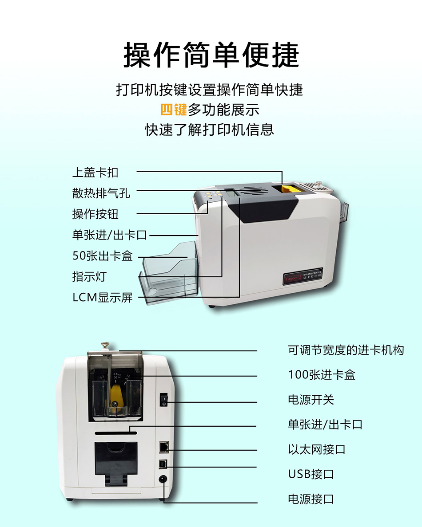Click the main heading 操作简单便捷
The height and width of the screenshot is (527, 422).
coord(211,55)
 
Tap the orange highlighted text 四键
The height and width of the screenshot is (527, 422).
coord(173,110)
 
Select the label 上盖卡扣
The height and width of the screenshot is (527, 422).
coord(95,173)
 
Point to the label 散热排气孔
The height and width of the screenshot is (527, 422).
coord(101,193)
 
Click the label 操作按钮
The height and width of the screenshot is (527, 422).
coord(95,214)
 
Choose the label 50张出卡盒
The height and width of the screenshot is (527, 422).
coord(103,256)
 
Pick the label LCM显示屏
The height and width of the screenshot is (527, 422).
coord(103,298)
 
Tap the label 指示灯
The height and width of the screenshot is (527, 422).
coord(90,277)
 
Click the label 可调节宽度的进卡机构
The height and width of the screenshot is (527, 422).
coord(346,350)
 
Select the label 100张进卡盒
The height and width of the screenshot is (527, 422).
coord(322,375)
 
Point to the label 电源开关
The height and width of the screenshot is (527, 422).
coord(311,400)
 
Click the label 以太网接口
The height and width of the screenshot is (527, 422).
coord(317,449)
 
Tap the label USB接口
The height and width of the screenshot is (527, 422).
coord(311,474)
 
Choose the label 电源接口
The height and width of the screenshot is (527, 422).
coord(311,499)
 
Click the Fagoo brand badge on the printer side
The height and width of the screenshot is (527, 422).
coord(303,276)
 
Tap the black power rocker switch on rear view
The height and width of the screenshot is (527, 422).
coord(164,400)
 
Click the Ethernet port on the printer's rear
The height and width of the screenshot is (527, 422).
coord(164,447)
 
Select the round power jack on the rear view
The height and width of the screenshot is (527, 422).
coord(163,479)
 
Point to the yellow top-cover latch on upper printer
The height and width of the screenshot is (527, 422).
coord(289,189)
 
